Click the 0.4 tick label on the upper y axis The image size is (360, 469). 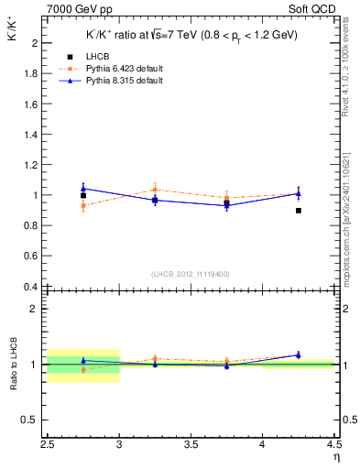point(31,287)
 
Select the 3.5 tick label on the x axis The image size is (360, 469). point(191,445)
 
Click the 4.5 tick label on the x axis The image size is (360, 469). point(333,445)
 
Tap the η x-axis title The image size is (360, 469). point(336,456)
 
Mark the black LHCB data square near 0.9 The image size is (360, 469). point(299,211)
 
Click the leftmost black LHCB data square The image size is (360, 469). point(83,195)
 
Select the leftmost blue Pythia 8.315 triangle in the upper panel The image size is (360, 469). point(83,188)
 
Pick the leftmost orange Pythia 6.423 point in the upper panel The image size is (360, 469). point(83,206)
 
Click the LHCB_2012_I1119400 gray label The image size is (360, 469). point(191,274)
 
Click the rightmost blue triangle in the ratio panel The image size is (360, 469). point(299,354)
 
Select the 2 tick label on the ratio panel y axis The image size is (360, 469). point(35,309)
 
